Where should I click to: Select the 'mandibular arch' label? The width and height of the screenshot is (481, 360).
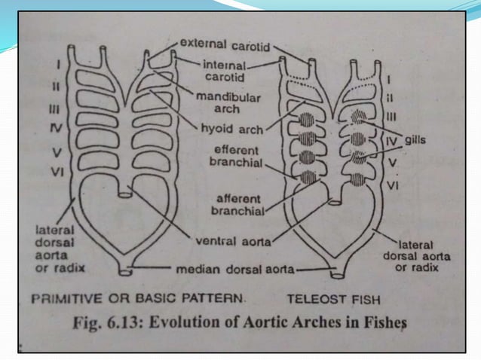click(228, 102)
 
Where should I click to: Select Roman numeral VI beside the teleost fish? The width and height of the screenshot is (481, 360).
click(393, 184)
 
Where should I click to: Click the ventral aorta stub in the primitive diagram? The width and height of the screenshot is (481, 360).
click(126, 193)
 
